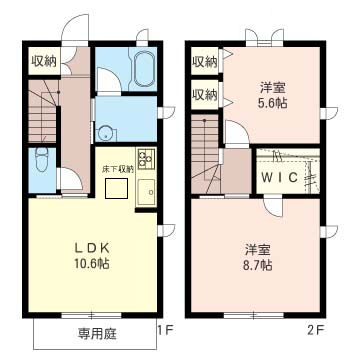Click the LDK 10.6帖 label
[92, 256]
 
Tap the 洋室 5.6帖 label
[273, 96]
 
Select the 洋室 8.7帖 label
[258, 257]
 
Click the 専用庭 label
[97, 333]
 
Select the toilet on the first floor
[42, 159]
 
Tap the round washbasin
[106, 133]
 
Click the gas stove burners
[146, 157]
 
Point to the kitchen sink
[147, 192]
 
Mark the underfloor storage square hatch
[116, 188]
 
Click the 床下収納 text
[118, 169]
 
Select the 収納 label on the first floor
[44, 61]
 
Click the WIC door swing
[273, 207]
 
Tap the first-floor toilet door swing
[70, 180]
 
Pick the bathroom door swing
[108, 79]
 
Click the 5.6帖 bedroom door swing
[237, 132]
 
